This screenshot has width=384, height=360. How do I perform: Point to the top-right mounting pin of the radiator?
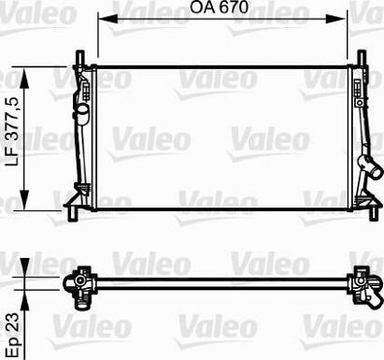coord(358,55)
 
